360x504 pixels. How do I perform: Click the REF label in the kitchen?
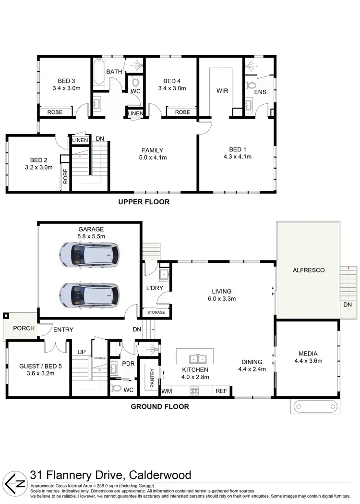pos(221,392)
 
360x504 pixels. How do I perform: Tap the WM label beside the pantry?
pos(167,392)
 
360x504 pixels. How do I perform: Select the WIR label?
pos(221,90)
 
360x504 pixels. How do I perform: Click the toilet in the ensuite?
pos(251,86)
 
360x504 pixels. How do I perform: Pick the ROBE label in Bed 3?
pos(57,112)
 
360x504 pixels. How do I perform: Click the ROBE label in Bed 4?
pos(182,112)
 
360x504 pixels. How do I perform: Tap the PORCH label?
pos(20,329)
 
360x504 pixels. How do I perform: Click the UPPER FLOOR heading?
pos(144,202)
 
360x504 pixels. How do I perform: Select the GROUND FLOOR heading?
pos(160,406)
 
